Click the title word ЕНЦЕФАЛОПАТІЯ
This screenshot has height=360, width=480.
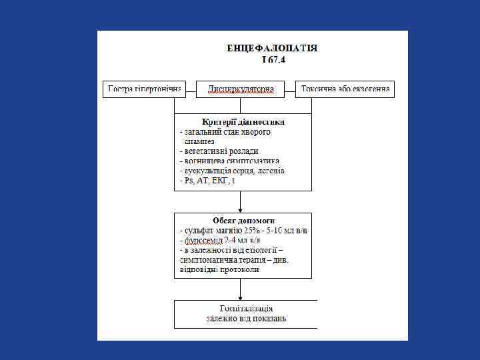tap(272, 48)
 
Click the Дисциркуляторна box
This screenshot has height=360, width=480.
tap(240, 89)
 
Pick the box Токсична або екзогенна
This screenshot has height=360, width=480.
tap(345, 89)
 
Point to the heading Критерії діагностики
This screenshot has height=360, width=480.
tap(243, 122)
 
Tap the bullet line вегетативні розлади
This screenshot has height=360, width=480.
tap(221, 151)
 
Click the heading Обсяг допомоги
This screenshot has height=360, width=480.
tap(243, 220)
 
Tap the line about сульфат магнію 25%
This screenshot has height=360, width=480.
tap(244, 230)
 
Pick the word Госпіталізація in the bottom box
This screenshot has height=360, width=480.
tap(246, 309)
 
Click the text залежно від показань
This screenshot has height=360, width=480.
tap(246, 319)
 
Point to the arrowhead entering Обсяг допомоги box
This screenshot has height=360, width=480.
tap(240, 209)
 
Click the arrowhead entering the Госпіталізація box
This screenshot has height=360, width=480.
tap(240, 297)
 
